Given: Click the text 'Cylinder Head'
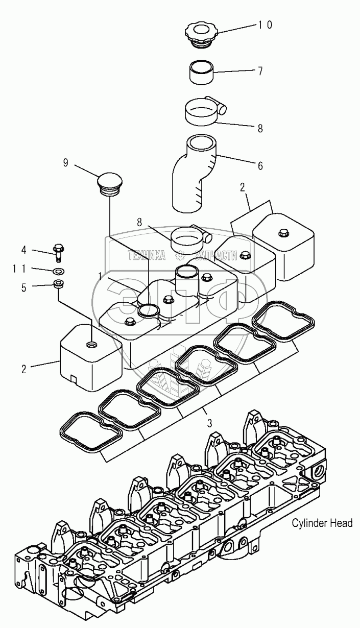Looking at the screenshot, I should pyautogui.click(x=322, y=523).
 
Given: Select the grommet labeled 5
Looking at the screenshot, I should pyautogui.click(x=59, y=283).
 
